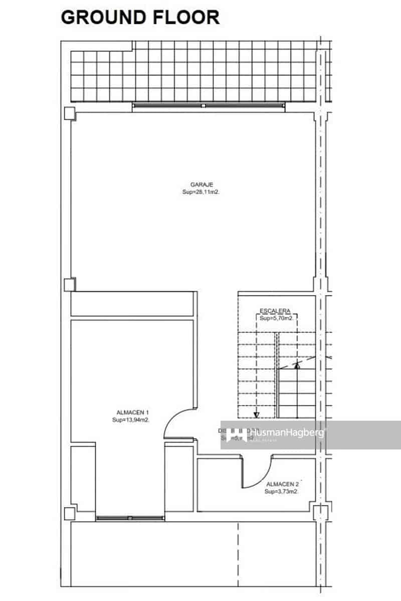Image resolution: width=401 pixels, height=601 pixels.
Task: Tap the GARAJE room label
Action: (x=198, y=185)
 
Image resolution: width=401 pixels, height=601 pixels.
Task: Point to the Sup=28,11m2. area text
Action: (x=198, y=192)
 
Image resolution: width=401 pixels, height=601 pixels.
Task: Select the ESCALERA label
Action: (x=275, y=311)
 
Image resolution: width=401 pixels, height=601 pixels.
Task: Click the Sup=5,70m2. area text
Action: (x=276, y=318)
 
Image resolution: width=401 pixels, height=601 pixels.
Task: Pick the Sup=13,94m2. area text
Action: (x=130, y=420)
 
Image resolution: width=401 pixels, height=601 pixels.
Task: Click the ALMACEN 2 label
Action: (x=283, y=484)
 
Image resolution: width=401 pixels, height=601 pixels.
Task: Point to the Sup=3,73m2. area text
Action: (x=282, y=491)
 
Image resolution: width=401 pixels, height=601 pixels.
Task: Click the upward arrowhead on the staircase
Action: (x=297, y=365)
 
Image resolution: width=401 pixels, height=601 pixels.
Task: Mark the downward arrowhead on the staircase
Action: (x=256, y=414)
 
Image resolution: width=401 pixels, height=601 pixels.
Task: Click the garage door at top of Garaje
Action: (x=208, y=106)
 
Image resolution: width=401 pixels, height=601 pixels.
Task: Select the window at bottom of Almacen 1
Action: (x=130, y=518)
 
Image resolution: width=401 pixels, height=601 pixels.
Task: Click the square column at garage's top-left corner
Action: (x=69, y=114)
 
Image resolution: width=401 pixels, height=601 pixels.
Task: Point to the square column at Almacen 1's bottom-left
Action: (x=69, y=513)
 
